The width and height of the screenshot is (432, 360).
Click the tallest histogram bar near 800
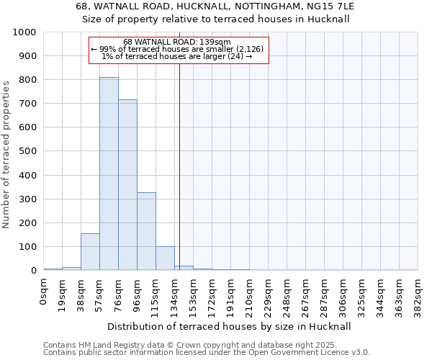click(109, 174)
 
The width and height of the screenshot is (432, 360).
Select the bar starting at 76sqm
click(127, 185)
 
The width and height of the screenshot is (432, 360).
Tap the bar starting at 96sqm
click(146, 231)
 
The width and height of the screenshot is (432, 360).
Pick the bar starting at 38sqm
click(90, 252)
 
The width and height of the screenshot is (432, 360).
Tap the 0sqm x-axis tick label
click(44, 291)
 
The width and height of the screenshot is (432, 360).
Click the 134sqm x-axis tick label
click(175, 295)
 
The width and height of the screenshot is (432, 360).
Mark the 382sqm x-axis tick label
click(418, 295)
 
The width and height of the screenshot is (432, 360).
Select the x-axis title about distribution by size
click(230, 326)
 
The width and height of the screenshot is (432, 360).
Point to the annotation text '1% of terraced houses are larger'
click(177, 56)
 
